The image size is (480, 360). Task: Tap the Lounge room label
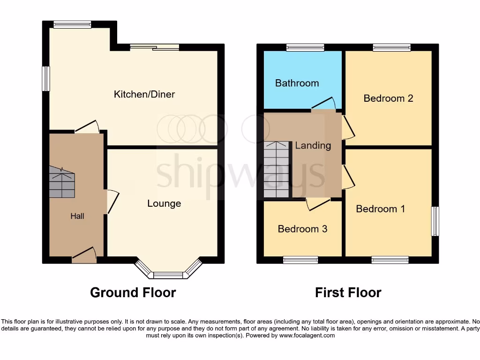click(164, 203)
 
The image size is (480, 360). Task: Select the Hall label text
click(77, 216)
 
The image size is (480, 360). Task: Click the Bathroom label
click(297, 83)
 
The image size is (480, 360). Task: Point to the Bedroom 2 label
click(388, 98)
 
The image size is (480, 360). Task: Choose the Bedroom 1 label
click(380, 209)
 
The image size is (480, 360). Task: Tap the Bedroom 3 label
click(302, 229)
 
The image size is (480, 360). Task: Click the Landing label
click(313, 145)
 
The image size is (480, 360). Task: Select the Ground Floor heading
click(133, 292)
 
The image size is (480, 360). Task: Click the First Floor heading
click(348, 292)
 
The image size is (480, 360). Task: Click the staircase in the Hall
click(62, 183)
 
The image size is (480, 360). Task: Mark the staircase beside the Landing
click(277, 170)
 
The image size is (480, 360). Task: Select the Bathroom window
click(305, 47)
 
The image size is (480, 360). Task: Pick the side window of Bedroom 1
click(435, 221)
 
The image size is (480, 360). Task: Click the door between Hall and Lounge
click(112, 202)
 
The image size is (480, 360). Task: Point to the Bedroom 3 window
click(300, 260)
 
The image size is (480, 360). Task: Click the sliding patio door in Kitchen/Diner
click(155, 47)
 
